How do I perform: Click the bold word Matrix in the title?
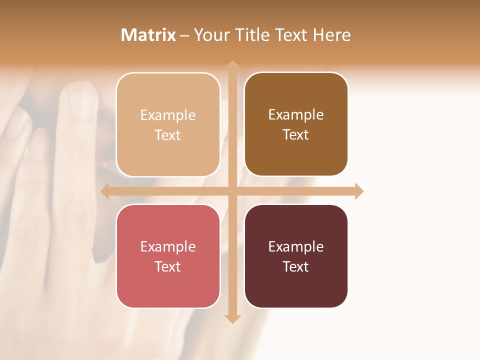[148, 35]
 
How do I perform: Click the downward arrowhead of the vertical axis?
[232, 318]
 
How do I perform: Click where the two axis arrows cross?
[232, 191]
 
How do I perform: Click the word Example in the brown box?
[296, 114]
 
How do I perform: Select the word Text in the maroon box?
[296, 266]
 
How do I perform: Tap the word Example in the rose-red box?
[168, 246]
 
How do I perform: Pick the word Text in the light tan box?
[168, 135]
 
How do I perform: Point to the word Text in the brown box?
[296, 134]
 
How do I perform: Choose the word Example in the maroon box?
[296, 246]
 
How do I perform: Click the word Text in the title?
[291, 35]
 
